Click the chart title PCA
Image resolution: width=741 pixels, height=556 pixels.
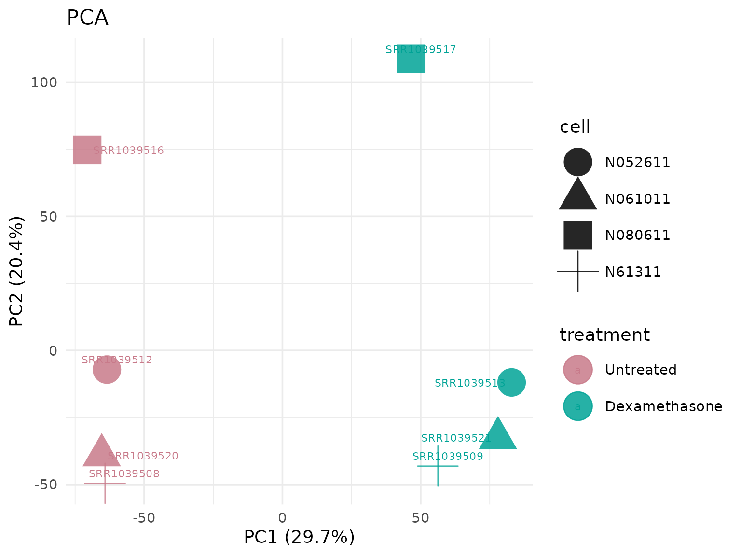point(87,18)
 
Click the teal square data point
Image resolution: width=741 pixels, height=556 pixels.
point(411,59)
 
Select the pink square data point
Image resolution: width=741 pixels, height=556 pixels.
point(87,150)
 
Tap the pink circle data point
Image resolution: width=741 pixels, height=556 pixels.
point(107,370)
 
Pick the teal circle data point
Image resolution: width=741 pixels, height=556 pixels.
point(511,382)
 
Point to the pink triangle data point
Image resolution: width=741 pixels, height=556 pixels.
point(101,453)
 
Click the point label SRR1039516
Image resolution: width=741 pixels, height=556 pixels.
point(129,151)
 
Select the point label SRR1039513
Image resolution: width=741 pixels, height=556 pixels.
point(470,383)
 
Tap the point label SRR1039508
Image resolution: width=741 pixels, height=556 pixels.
point(124,474)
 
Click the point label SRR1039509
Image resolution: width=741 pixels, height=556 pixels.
point(448,457)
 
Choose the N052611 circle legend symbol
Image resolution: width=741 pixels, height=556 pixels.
point(578,162)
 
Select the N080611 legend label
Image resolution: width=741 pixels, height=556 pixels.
point(638,235)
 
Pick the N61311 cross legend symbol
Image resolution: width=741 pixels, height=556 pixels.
point(578,272)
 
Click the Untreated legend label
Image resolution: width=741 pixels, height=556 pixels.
point(641,370)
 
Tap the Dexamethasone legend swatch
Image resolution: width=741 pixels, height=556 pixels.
point(578,406)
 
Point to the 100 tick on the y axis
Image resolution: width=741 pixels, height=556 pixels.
point(44,83)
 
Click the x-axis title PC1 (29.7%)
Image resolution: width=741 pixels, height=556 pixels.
point(299,537)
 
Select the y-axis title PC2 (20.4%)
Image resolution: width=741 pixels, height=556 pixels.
point(17,271)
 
